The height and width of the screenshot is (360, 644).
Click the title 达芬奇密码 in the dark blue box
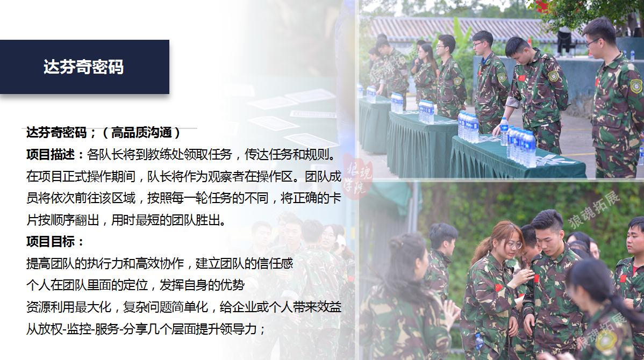(83, 67)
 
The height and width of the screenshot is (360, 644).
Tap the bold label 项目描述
(51, 154)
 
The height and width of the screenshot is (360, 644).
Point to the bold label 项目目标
(51, 241)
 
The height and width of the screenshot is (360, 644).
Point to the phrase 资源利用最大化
(69, 307)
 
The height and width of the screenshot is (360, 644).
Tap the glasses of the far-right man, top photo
(592, 41)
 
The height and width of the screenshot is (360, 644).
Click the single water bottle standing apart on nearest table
(504, 131)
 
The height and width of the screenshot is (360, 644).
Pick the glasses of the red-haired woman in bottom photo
(513, 246)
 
